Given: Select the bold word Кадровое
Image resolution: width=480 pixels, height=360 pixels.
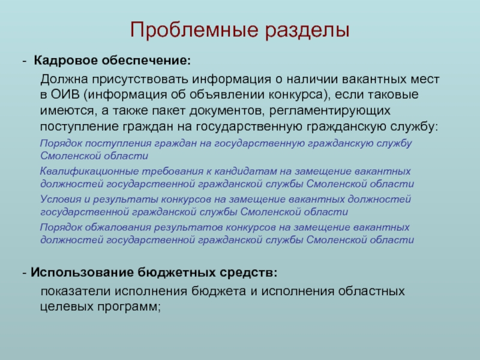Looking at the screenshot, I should pyautogui.click(x=62, y=61).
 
